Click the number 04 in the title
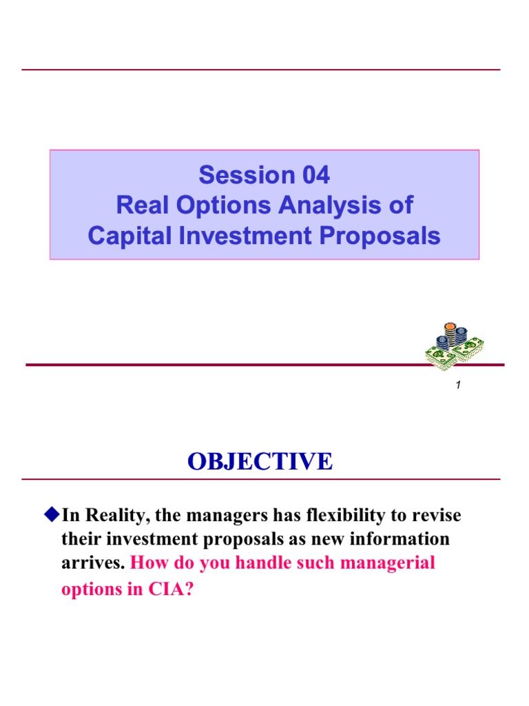click(311, 176)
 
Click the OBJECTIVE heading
click(260, 461)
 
